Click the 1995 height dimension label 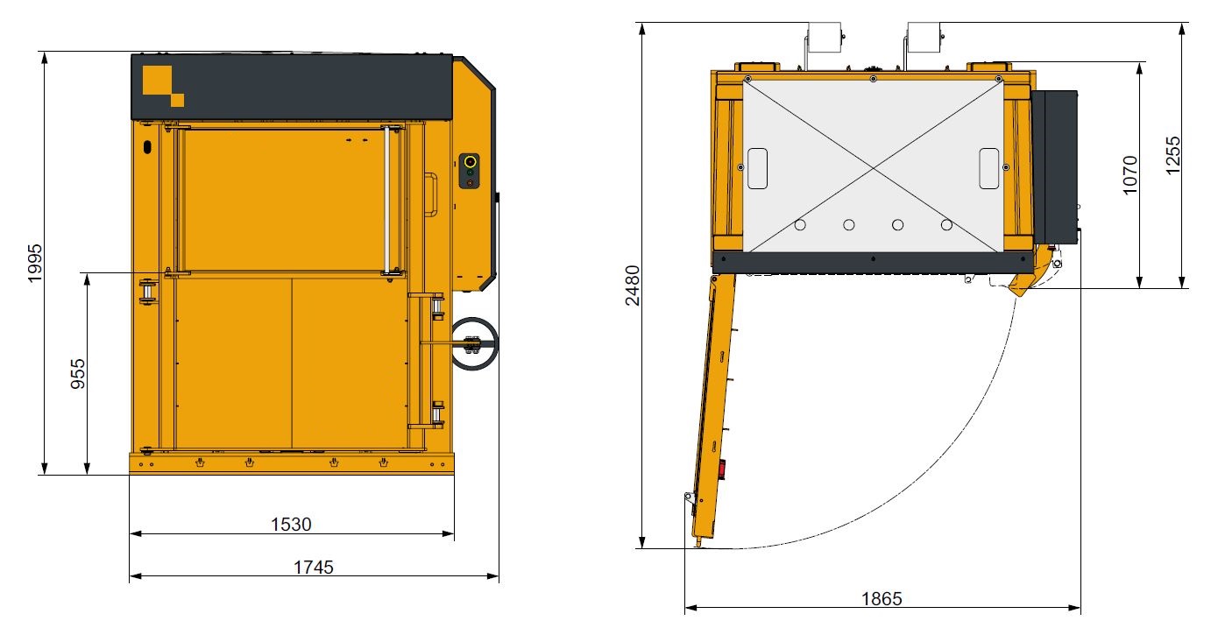click(34, 263)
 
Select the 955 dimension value click(78, 374)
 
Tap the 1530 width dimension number click(291, 524)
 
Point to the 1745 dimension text click(314, 568)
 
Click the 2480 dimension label click(633, 286)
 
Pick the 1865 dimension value click(882, 599)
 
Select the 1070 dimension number click(1130, 175)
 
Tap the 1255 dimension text click(1173, 156)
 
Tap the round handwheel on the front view click(474, 343)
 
